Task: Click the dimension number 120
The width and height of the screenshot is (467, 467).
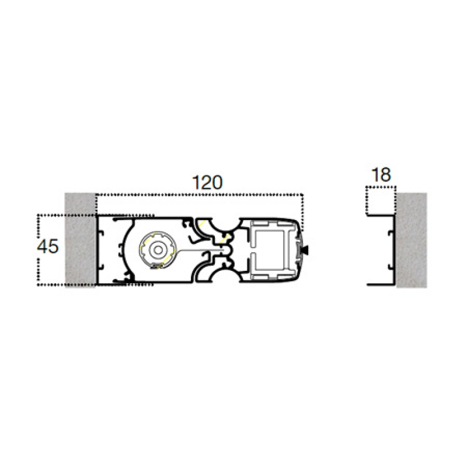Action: point(208,182)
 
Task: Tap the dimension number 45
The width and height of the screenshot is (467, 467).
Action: point(48,247)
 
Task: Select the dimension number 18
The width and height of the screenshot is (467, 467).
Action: point(381,175)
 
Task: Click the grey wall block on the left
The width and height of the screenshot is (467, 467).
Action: point(81,239)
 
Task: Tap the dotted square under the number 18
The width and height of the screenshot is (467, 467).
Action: point(381,201)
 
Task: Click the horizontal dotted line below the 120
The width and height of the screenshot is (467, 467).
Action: point(198,194)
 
